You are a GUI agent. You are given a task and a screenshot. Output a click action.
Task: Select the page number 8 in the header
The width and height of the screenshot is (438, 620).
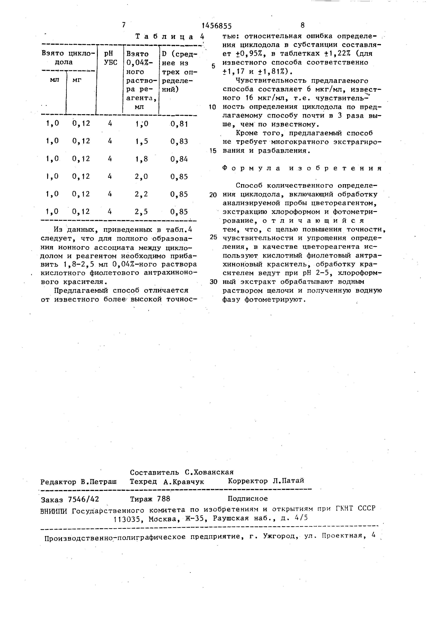pyautogui.click(x=302, y=25)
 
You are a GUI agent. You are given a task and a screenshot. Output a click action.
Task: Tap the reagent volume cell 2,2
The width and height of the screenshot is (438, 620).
pyautogui.click(x=142, y=194)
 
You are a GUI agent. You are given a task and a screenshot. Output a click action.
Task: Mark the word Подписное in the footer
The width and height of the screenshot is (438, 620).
pyautogui.click(x=248, y=499)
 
